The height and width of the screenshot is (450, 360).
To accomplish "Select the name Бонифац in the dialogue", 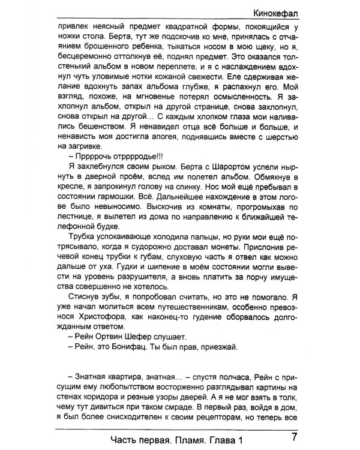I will [124, 347].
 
